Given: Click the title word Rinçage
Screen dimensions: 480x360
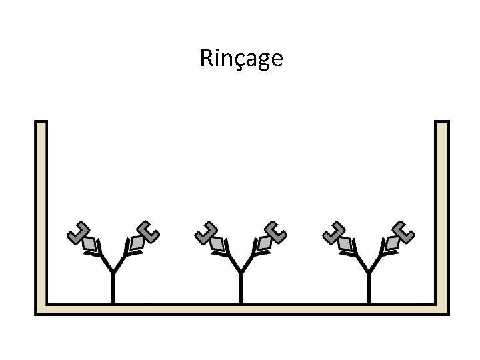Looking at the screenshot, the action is coord(241,59).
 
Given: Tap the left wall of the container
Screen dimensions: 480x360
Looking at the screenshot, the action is coord(41,213).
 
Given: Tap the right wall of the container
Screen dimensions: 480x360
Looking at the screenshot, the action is coord(441,213).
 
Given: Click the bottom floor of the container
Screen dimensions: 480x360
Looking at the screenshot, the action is coord(240,309).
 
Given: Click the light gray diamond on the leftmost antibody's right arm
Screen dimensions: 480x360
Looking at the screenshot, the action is coord(137,243).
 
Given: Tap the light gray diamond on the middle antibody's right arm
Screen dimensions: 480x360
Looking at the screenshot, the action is coord(265,243).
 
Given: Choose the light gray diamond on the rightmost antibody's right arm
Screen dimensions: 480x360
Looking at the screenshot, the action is coord(393,243).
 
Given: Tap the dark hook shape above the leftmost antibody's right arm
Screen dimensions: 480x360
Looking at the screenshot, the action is coord(147,231).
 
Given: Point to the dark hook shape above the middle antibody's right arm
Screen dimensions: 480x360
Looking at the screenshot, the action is coord(275,231).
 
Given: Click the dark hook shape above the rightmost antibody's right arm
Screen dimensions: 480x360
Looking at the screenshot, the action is coord(403,231).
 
